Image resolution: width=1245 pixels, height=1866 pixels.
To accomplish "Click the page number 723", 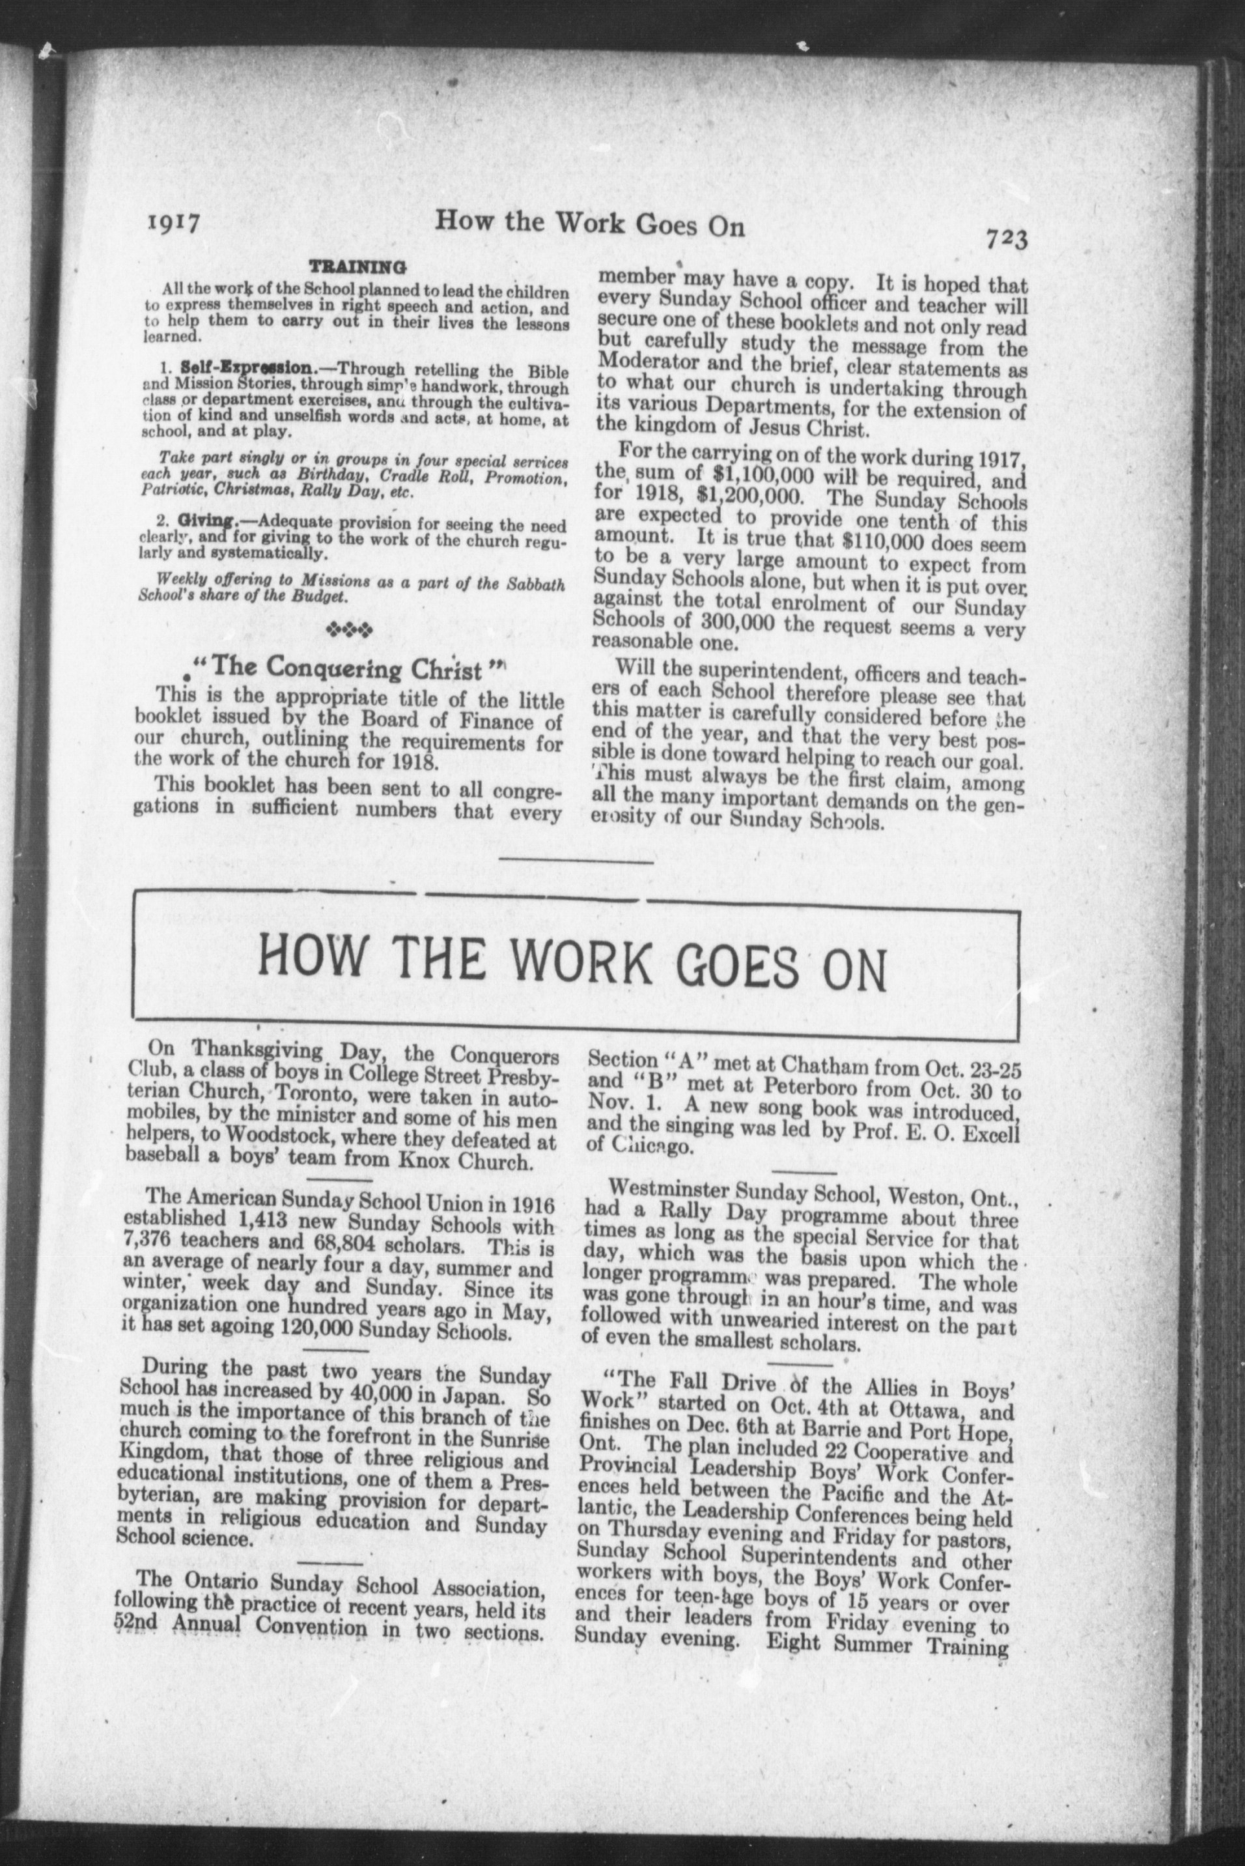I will (1006, 238).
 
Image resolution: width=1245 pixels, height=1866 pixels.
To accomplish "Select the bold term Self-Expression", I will (246, 368).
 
